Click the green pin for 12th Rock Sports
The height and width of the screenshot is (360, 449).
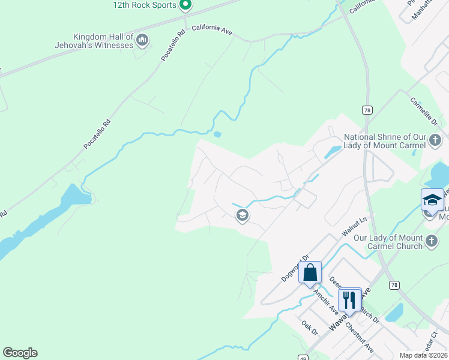coord(185,5)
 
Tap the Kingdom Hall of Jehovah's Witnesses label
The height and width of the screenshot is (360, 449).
coord(103,40)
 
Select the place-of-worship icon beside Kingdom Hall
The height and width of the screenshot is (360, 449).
coord(142,40)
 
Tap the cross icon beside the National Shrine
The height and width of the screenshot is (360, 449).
coord(436,142)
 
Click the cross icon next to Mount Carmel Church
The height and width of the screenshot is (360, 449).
coord(431,242)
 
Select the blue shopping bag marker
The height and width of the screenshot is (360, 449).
coord(310,272)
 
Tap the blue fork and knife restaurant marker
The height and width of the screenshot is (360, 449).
coord(349,299)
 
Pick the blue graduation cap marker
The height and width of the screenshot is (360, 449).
coord(432,200)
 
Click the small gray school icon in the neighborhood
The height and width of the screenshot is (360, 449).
coord(242,215)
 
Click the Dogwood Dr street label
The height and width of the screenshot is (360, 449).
coord(294,268)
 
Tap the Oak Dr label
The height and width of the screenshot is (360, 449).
coord(309,327)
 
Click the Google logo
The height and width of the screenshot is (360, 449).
coord(20,353)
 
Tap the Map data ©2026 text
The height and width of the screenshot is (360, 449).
coord(424,355)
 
